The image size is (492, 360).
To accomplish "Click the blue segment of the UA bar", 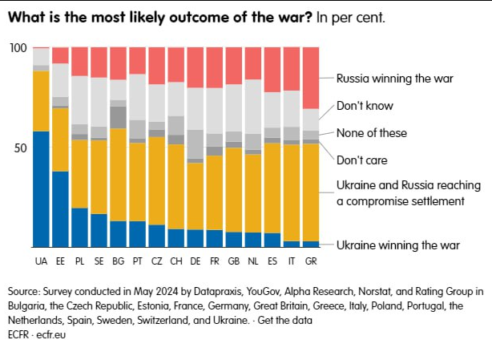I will [x=41, y=188].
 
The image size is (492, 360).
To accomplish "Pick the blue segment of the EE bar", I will [x=60, y=208].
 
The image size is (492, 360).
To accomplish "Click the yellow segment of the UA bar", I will [x=41, y=100].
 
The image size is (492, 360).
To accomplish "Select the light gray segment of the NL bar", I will [x=252, y=107].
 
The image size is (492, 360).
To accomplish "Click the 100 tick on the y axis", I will [x=18, y=49].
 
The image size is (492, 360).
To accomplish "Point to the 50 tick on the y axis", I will [x=22, y=148].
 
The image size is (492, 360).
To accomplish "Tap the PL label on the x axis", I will [x=79, y=261].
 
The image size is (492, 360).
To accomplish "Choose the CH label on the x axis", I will [x=175, y=261].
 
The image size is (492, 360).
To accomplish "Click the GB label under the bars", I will [x=233, y=261].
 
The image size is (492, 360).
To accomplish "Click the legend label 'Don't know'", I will [x=365, y=105].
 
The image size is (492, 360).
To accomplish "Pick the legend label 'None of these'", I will [x=372, y=132].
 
